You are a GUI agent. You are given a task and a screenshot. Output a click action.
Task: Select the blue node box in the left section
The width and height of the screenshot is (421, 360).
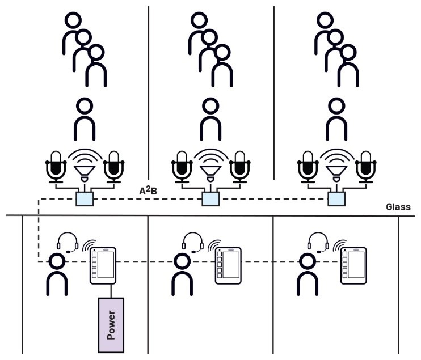(84, 199)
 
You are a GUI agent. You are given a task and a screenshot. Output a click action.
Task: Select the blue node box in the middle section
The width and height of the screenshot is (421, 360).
(210, 199)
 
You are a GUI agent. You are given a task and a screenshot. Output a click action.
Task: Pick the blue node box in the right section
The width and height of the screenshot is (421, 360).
(336, 199)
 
